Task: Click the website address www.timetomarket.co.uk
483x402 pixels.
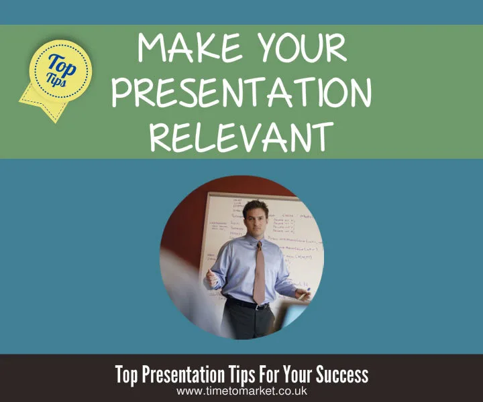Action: pyautogui.click(x=241, y=391)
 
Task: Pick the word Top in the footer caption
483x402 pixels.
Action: pyautogui.click(x=125, y=374)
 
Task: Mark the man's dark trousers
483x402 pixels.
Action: pyautogui.click(x=248, y=325)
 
